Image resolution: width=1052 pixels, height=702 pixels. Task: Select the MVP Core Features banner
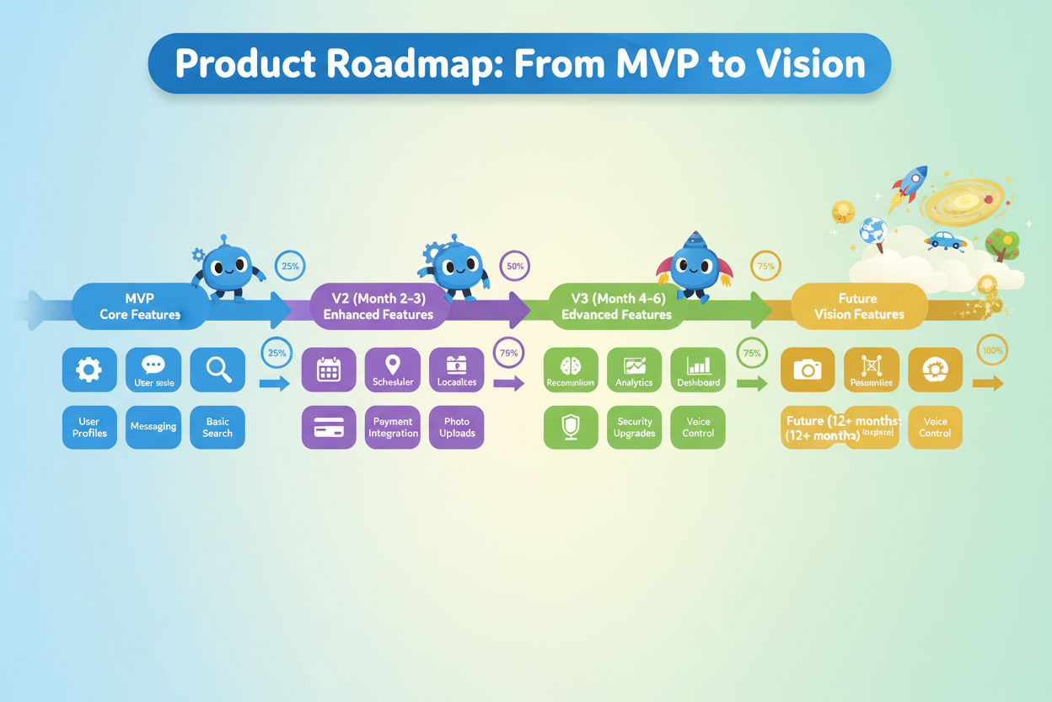140,306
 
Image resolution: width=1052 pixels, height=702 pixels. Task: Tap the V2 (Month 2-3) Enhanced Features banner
378,306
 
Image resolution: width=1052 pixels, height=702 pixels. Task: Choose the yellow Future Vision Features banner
858,306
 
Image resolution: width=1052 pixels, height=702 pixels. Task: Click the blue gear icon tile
89,370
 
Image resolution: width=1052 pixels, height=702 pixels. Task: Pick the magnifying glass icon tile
217,370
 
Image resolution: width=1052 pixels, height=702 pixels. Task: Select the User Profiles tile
89,427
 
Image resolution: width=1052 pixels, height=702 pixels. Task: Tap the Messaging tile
153,427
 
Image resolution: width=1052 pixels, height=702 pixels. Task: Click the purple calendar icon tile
329,370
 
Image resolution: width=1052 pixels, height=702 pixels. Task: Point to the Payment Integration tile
393,427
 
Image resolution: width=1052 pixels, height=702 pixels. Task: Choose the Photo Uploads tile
457,427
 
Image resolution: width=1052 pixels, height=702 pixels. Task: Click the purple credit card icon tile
329,427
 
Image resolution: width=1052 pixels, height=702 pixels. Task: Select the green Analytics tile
634,370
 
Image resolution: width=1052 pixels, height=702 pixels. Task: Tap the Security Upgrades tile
634,427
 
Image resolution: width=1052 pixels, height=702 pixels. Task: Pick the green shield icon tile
571,427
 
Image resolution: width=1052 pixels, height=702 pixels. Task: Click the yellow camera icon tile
808,370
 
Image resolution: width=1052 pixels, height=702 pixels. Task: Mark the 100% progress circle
993,350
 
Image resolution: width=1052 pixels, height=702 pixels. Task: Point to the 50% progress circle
513,266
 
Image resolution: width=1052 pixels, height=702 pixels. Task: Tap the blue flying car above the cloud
946,241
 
